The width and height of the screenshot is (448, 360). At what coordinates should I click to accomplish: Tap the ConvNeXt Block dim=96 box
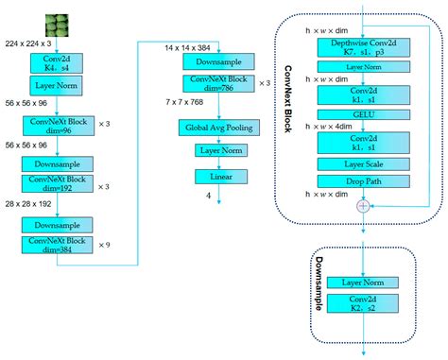tap(56, 125)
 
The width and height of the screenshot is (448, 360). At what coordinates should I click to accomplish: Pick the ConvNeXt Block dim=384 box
tap(56, 245)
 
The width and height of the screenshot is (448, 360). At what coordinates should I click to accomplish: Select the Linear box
tap(218, 176)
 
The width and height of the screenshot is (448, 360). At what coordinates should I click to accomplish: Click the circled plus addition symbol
tap(362, 204)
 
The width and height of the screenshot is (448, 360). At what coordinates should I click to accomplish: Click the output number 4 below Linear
tap(209, 195)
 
